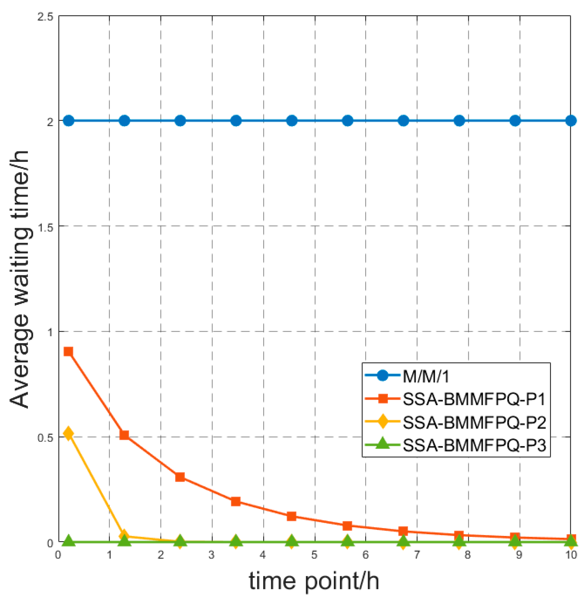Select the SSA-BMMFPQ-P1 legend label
[x=474, y=399]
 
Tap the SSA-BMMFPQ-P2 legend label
[x=474, y=422]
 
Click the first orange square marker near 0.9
[x=68, y=352]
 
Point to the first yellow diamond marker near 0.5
[x=68, y=433]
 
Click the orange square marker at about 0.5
[x=124, y=435]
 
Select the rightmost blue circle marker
[x=571, y=121]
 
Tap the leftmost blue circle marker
[x=69, y=121]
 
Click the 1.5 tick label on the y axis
[x=45, y=227]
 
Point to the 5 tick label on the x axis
[x=314, y=555]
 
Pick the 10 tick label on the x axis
[x=571, y=555]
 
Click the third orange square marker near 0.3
[x=180, y=477]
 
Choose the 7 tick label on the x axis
[x=417, y=555]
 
